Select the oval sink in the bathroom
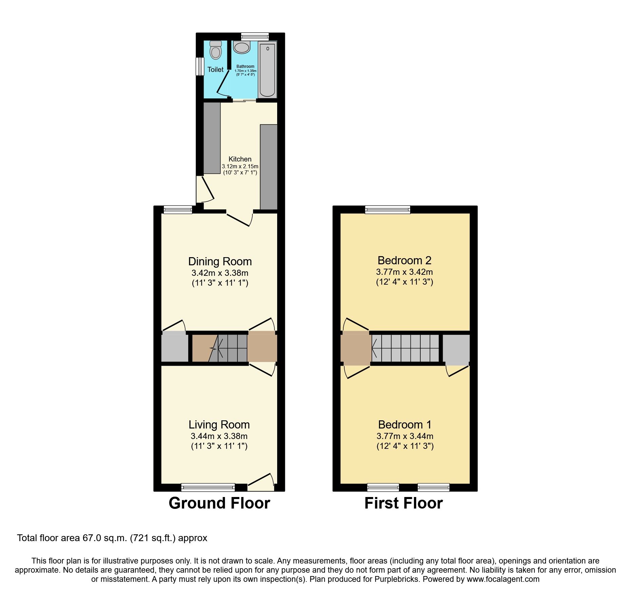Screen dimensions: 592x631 point(242,47)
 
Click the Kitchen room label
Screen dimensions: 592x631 point(240,159)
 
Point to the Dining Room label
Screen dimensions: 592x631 point(220,262)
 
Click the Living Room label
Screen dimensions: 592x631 point(219,425)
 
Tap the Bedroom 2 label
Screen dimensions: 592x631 point(404,261)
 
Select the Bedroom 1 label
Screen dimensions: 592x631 point(405,425)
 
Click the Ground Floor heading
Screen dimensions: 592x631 point(219,503)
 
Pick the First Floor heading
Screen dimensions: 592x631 point(403,503)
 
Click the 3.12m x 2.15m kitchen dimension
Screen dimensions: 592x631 point(240,167)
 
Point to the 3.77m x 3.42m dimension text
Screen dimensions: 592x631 point(404,272)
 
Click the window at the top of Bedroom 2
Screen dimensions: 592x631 point(388,210)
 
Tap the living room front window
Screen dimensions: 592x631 point(208,488)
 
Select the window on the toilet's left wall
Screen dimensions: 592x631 point(200,66)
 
